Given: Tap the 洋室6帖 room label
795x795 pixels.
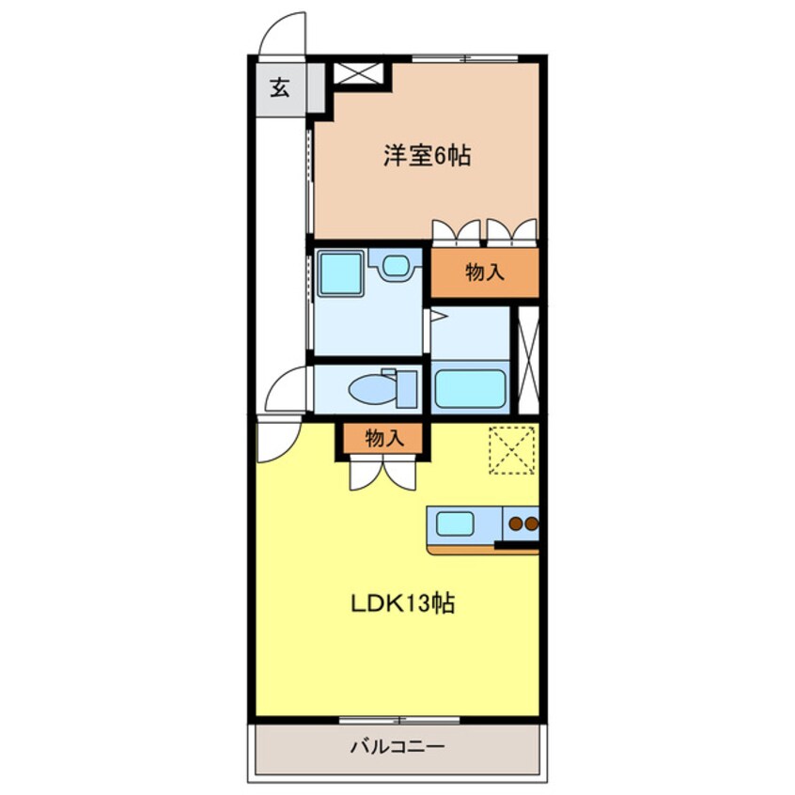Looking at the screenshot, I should coord(426,155).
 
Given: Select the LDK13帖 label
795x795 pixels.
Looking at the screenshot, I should coord(402,603).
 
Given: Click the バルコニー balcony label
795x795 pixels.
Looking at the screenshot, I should coord(397,748).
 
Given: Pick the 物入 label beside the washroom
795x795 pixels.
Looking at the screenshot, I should coord(485,273).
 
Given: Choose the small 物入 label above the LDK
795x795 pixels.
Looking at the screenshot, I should coord(383,438).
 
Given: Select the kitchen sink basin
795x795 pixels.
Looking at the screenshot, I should coord(455,523).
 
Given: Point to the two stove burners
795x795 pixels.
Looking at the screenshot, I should coord(522,523).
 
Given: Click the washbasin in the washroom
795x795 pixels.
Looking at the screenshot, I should coord(396,267).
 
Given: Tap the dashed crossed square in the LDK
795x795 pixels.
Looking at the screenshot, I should coord(512,449).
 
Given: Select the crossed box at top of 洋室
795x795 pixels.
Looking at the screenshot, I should coord(359,73).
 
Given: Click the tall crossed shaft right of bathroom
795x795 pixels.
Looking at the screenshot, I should coord(528,361).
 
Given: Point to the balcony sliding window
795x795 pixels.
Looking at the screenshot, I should coord(399,721).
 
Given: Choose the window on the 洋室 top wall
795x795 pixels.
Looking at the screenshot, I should coord(465,59).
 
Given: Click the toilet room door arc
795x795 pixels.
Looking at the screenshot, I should coord(288,387).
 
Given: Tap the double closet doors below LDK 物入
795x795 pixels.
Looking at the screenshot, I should coord(382,474).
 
